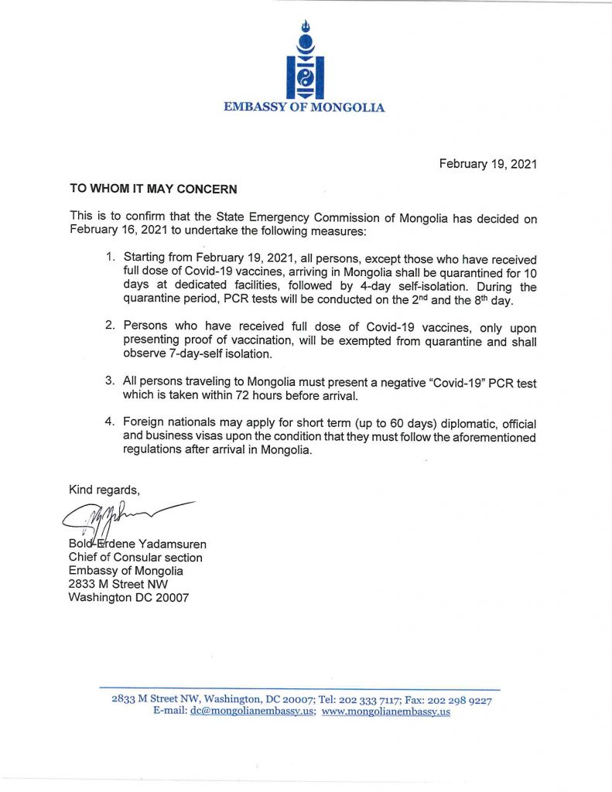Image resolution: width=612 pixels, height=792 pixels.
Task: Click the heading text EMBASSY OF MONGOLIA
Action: tap(304, 108)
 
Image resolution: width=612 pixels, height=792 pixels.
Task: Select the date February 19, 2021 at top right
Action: tap(487, 164)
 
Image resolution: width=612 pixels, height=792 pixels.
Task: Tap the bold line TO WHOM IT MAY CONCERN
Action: tap(153, 188)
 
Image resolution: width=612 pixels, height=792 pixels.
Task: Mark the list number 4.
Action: tap(111, 424)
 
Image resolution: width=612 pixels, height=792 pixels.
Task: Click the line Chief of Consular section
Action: tap(135, 557)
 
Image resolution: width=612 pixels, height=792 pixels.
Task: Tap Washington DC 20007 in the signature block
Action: tap(128, 598)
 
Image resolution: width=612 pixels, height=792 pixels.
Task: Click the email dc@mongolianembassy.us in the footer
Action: tap(252, 712)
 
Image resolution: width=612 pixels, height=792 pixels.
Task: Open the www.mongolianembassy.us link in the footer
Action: tap(385, 712)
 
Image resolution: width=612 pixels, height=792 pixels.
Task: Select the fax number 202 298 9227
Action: tap(461, 699)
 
